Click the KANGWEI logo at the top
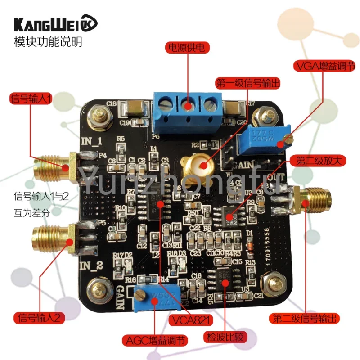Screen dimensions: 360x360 [53, 23]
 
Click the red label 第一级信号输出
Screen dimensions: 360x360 [248, 83]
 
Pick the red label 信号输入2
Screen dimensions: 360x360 [40, 317]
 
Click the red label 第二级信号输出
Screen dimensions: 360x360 [304, 319]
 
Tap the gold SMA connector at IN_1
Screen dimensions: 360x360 [54, 165]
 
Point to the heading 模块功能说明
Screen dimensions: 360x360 [49, 43]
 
